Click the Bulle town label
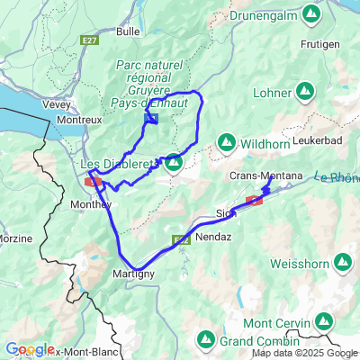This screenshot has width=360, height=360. [x=129, y=31]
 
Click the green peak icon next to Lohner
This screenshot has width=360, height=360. [x=306, y=92]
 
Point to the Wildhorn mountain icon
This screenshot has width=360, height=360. [x=227, y=142]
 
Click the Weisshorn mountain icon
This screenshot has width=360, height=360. [x=343, y=262]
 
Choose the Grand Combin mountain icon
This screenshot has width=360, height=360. [x=206, y=339]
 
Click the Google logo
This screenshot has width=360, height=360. [x=29, y=349]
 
